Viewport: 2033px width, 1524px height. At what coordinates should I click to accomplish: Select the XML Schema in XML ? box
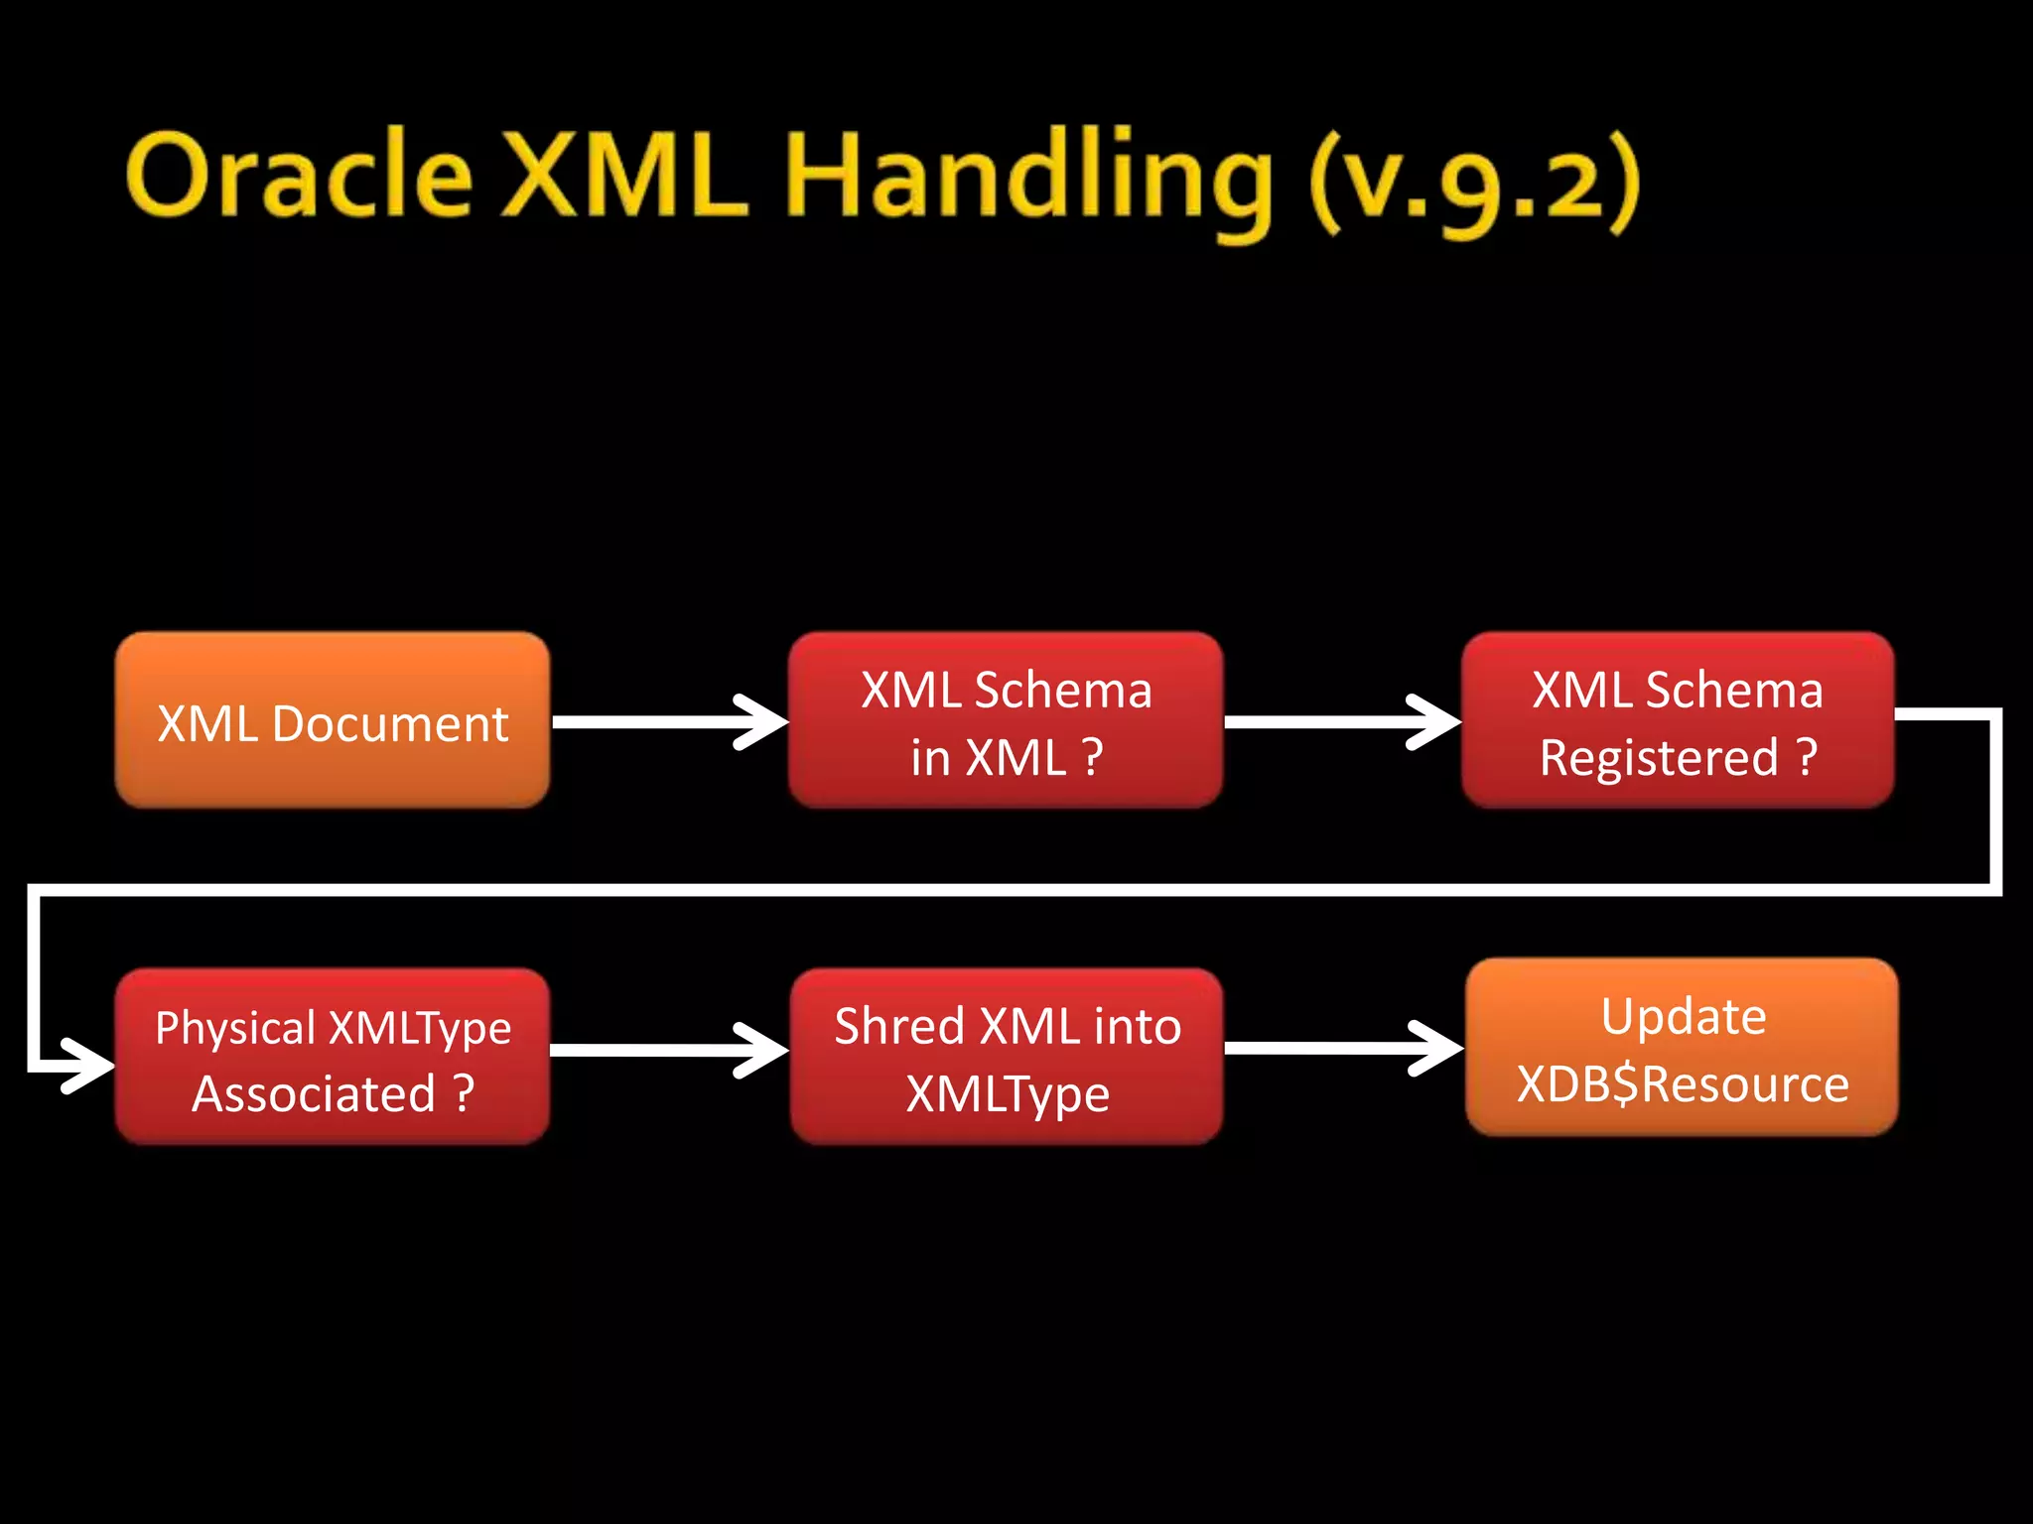click(x=1005, y=722)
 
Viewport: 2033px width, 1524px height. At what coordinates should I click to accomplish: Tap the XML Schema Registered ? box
click(x=1678, y=722)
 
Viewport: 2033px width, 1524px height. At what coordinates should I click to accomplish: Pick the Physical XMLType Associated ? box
click(x=332, y=1059)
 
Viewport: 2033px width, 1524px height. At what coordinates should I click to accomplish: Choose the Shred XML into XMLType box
click(x=1007, y=1059)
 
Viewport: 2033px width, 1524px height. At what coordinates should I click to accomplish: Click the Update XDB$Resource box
click(x=1682, y=1049)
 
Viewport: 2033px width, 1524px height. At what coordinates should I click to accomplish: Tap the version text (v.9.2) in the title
click(x=1473, y=183)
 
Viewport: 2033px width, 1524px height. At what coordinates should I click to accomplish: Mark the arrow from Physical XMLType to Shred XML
click(x=667, y=1050)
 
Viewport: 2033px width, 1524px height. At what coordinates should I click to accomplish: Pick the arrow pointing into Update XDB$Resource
click(x=1342, y=1048)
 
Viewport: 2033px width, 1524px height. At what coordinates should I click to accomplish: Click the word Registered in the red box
click(x=1659, y=758)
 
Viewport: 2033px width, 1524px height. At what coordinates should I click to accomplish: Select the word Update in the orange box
click(x=1684, y=1016)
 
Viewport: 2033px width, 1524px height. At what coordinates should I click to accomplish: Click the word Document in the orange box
click(x=390, y=723)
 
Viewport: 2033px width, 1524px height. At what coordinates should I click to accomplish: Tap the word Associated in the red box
click(x=314, y=1094)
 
